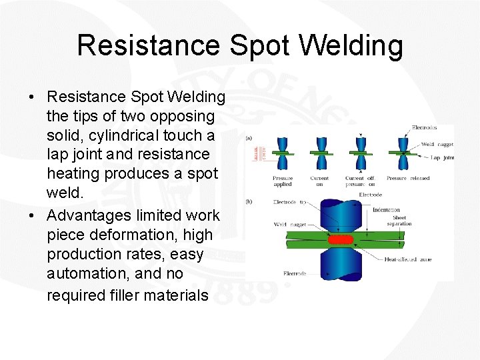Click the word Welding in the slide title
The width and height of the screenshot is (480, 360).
coord(351,46)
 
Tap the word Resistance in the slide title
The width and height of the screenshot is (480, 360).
coord(147,46)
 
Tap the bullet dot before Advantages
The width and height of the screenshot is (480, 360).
coord(33,216)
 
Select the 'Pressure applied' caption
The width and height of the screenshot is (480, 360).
coord(283,181)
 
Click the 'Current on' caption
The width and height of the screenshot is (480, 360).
coord(319,181)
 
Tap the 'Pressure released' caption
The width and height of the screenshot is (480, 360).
coord(408,178)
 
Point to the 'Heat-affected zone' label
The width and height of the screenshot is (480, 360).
coord(409,259)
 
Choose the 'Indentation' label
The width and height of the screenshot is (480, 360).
coord(386,210)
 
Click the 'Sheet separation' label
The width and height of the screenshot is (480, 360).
coord(400,221)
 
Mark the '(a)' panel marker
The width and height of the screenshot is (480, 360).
coord(249,138)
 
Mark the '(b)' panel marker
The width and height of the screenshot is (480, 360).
coord(249,201)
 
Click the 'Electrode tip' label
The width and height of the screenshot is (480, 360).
coord(290,202)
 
